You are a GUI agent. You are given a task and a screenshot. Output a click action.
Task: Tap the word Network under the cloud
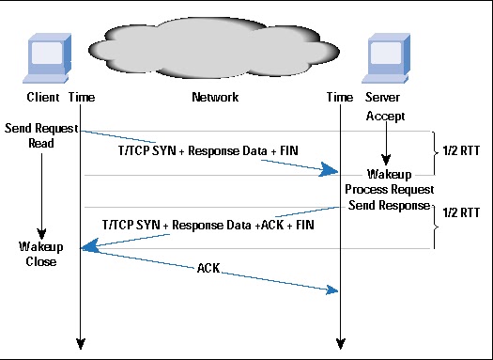[214, 98]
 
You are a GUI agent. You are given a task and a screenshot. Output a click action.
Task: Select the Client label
[44, 98]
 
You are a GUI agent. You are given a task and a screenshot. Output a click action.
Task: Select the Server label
[384, 98]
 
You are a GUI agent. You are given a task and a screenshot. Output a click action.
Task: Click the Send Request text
[41, 127]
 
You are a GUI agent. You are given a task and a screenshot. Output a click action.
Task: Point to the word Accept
[384, 116]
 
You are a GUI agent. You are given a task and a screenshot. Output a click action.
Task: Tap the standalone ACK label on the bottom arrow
[209, 268]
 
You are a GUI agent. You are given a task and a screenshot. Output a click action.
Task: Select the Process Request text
[387, 190]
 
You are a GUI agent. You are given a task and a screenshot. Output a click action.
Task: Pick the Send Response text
[387, 205]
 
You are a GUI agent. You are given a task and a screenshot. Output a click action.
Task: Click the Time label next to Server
[339, 98]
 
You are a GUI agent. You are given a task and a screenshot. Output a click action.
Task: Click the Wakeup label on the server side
[388, 175]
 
